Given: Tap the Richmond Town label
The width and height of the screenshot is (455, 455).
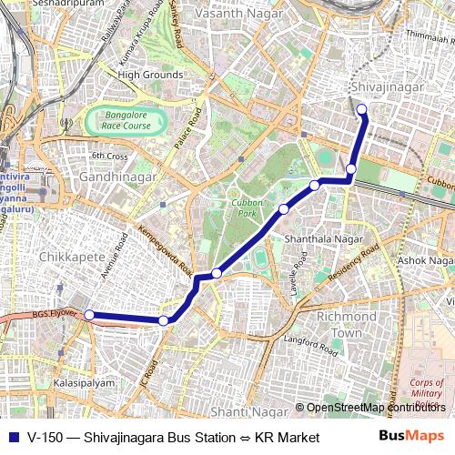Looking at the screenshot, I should coord(346,325).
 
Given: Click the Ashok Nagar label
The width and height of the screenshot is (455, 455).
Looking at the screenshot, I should coord(425,260).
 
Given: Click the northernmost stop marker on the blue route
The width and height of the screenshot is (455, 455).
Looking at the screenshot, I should coord(361,110).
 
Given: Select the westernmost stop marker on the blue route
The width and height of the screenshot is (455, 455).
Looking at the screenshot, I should coord(89,315).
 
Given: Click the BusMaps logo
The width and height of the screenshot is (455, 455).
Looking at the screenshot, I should coord(410,438).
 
